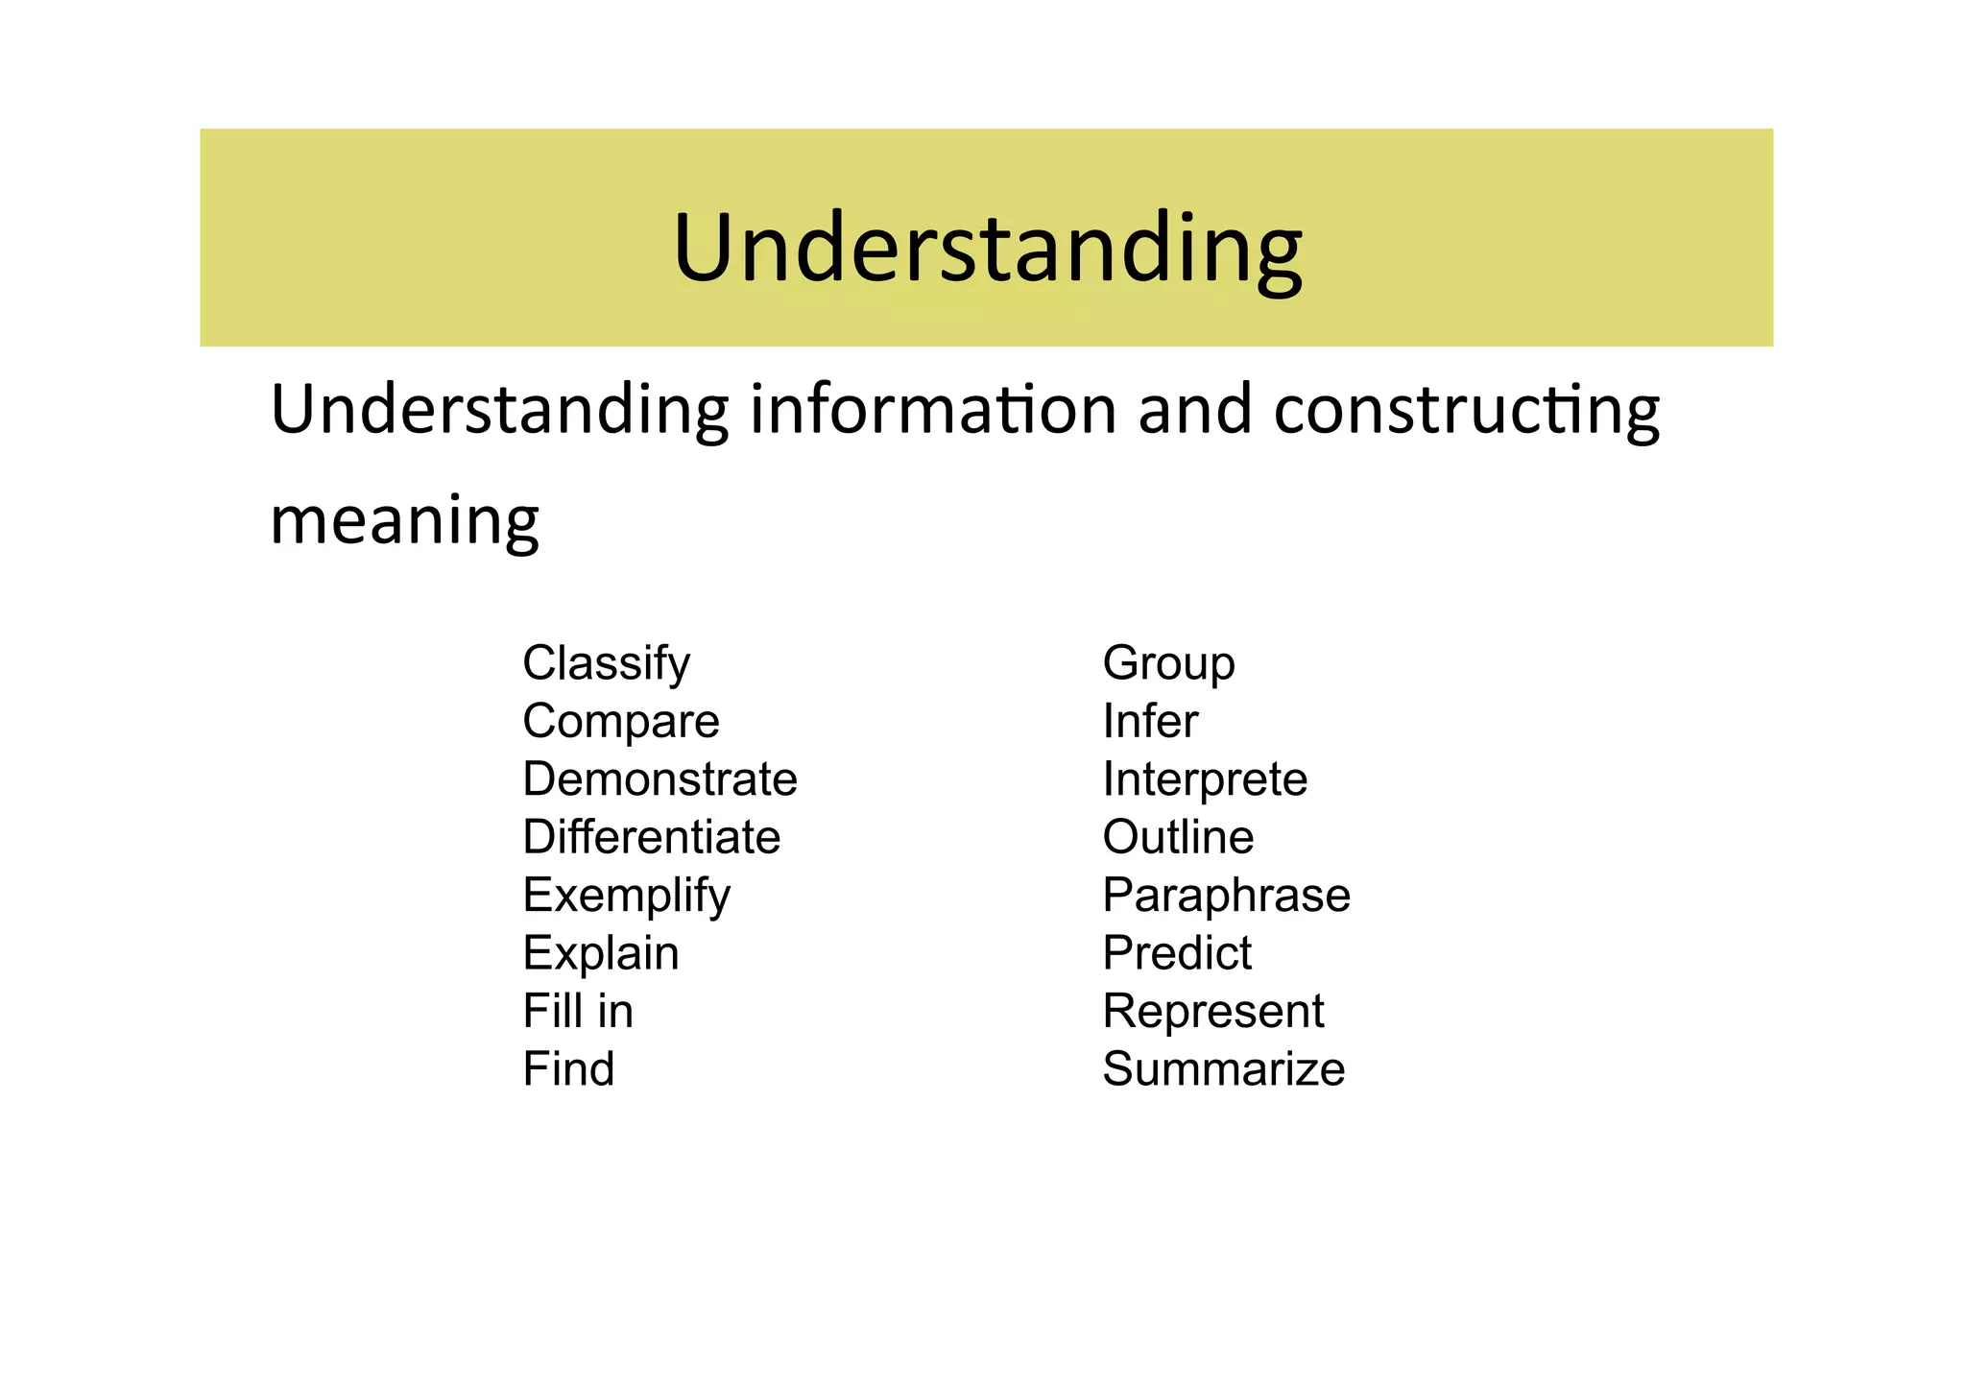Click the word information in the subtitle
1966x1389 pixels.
tap(933, 410)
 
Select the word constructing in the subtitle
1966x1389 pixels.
tap(1466, 410)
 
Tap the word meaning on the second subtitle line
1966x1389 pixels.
tap(404, 521)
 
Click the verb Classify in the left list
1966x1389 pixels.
tap(606, 663)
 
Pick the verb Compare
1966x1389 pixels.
tap(620, 722)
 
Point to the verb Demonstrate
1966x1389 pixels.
tap(659, 779)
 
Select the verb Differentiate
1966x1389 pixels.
tap(651, 837)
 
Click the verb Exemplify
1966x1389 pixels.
tap(626, 896)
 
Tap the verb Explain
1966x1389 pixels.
tap(601, 953)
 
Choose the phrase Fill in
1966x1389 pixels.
tap(578, 1012)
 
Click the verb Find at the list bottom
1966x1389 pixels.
tap(568, 1069)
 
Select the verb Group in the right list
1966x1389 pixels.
tap(1168, 663)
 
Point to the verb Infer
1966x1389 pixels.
tap(1150, 722)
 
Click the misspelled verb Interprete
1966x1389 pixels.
tap(1205, 779)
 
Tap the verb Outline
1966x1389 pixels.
tap(1178, 837)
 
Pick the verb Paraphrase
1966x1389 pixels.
tap(1226, 896)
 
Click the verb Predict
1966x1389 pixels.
tap(1177, 953)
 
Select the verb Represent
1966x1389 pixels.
tap(1213, 1012)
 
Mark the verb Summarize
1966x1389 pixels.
tap(1223, 1069)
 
